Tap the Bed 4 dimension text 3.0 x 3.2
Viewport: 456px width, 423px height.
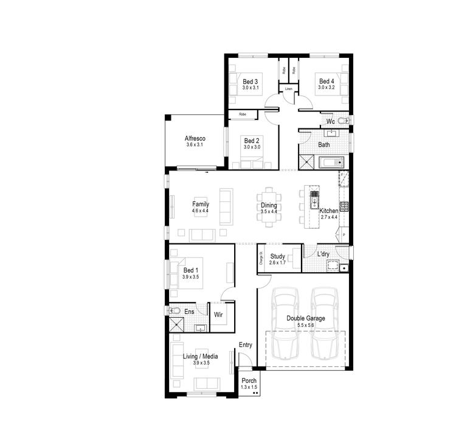click(x=326, y=88)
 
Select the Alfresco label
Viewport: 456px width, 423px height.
click(x=195, y=138)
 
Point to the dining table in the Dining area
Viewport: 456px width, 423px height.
click(x=269, y=207)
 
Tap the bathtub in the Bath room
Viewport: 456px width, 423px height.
click(x=331, y=163)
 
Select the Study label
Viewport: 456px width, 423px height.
click(x=277, y=256)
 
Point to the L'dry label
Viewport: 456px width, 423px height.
click(x=324, y=254)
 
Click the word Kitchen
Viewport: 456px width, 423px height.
click(x=328, y=210)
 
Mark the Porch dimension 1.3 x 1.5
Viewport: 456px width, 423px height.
click(x=249, y=387)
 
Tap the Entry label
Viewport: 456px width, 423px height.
click(x=245, y=345)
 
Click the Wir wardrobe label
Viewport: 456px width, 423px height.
click(x=218, y=315)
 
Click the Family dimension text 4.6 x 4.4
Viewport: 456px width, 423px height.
click(x=201, y=211)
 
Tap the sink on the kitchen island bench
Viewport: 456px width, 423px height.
click(x=314, y=197)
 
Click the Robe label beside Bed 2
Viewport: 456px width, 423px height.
click(x=242, y=114)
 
